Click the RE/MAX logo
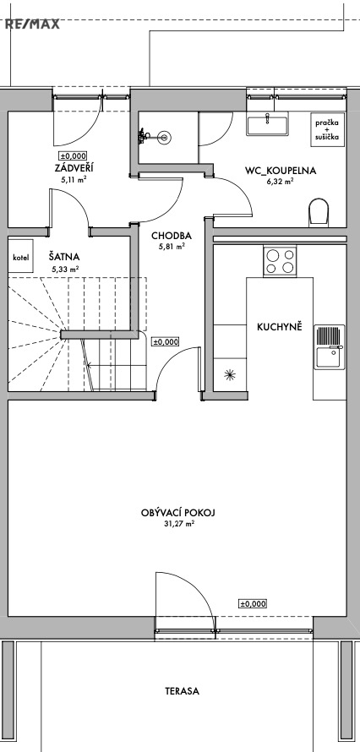click(x=32, y=24)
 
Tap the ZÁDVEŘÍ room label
click(x=74, y=168)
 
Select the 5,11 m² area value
click(x=74, y=180)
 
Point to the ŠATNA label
click(x=63, y=257)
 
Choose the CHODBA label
click(x=172, y=236)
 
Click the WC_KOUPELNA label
click(x=281, y=170)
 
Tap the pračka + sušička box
click(x=327, y=129)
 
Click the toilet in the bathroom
click(x=319, y=211)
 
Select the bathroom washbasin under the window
click(x=268, y=123)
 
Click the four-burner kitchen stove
click(x=280, y=261)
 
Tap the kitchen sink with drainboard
click(x=330, y=347)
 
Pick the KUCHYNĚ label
click(x=280, y=328)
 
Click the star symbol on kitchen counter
click(x=230, y=374)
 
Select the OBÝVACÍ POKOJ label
click(x=178, y=513)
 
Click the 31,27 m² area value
click(x=178, y=525)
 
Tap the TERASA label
click(x=183, y=691)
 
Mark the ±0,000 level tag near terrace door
click(x=253, y=604)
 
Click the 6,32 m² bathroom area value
click(x=281, y=182)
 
